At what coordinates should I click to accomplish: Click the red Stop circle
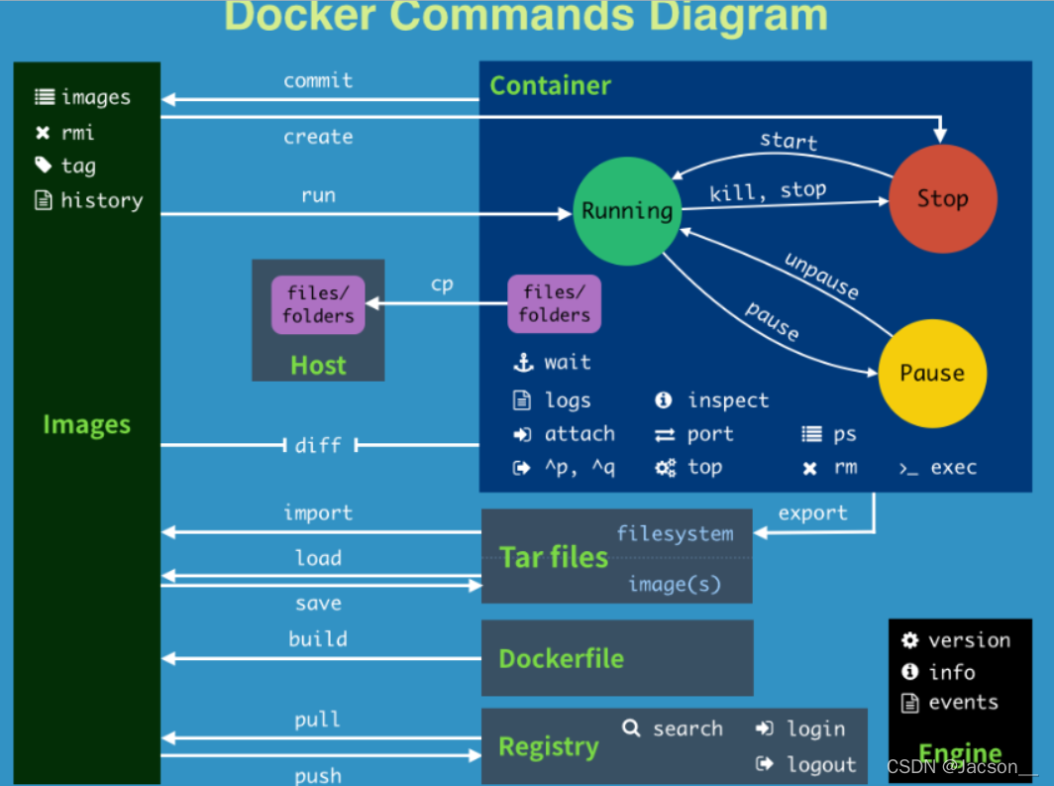[x=942, y=198]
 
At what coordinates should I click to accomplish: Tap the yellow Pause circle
[x=932, y=373]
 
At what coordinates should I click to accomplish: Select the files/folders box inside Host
[x=318, y=304]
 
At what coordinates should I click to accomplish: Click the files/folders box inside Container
[x=554, y=304]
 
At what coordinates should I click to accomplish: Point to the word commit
[x=318, y=80]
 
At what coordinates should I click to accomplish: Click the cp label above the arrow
[x=442, y=284]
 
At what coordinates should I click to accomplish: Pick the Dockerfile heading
[x=561, y=658]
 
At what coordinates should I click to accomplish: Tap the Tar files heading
[x=554, y=557]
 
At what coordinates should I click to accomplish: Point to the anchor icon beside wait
[x=522, y=363]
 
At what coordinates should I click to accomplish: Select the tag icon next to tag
[x=43, y=166]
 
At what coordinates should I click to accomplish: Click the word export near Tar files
[x=812, y=512]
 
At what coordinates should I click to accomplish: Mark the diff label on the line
[x=318, y=445]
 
